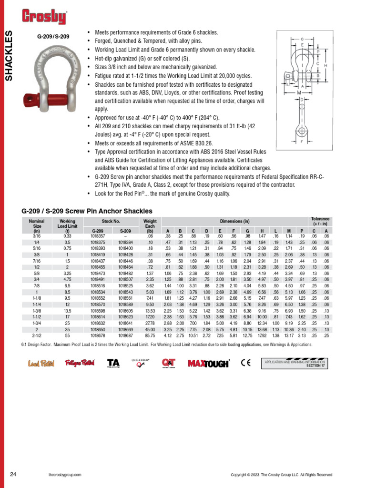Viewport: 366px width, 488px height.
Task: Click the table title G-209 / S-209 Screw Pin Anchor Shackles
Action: pyautogui.click(x=87, y=211)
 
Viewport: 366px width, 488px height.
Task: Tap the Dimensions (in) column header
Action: pyautogui.click(x=234, y=222)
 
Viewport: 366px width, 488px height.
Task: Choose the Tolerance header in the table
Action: pyautogui.click(x=320, y=221)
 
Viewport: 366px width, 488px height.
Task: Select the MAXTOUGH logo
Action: pyautogui.click(x=209, y=364)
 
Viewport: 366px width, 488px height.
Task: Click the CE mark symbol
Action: pyautogui.click(x=246, y=363)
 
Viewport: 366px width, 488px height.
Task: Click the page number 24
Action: pyautogui.click(x=13, y=474)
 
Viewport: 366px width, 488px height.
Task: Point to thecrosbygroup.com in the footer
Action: pyautogui.click(x=64, y=475)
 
